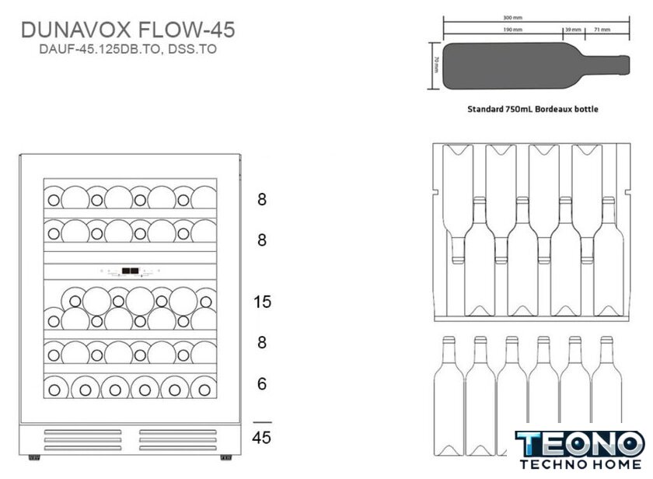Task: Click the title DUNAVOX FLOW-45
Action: (128, 30)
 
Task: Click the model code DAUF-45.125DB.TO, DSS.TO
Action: (128, 48)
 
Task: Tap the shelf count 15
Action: (263, 301)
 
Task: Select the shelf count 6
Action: (262, 383)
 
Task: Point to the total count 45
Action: (262, 438)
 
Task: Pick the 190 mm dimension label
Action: (512, 30)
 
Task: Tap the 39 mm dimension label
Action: (573, 30)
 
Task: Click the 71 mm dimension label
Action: (602, 30)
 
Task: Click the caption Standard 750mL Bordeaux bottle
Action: (533, 110)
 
